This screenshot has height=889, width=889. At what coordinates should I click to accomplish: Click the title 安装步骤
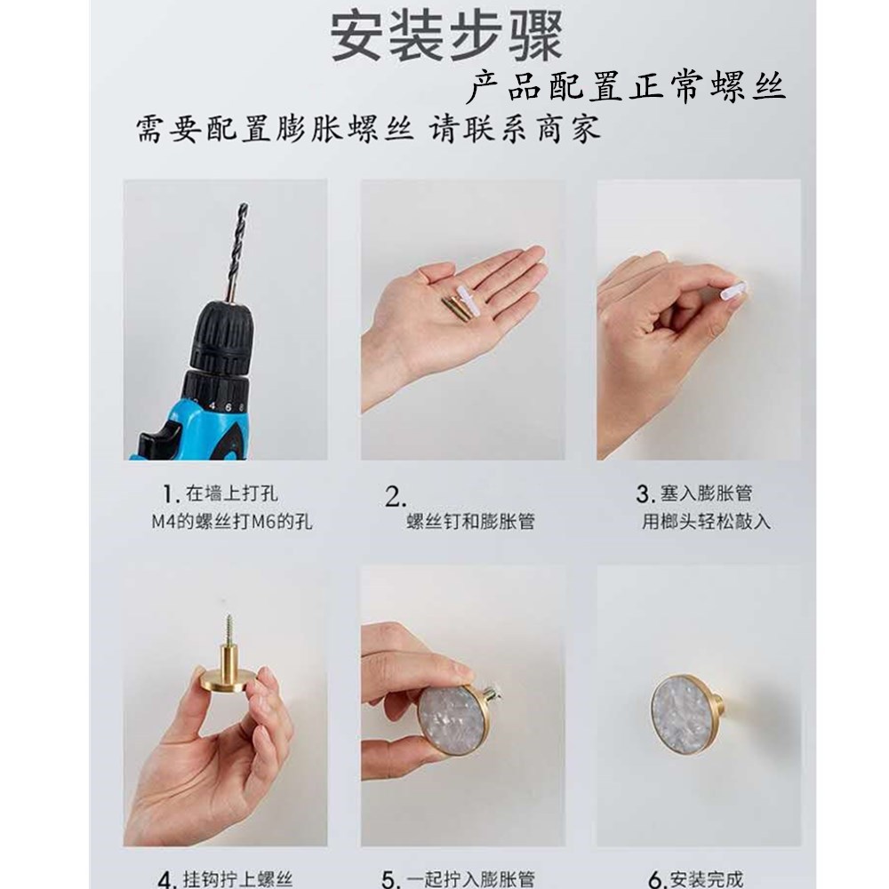[446, 36]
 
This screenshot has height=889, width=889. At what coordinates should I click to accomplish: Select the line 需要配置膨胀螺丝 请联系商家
[367, 130]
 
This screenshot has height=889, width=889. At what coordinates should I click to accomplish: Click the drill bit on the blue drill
[238, 249]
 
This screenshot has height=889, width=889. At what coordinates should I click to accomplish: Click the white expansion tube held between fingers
[730, 290]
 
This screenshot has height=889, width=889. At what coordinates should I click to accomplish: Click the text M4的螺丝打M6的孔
[231, 522]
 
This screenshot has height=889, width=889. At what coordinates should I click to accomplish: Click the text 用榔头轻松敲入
[706, 522]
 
